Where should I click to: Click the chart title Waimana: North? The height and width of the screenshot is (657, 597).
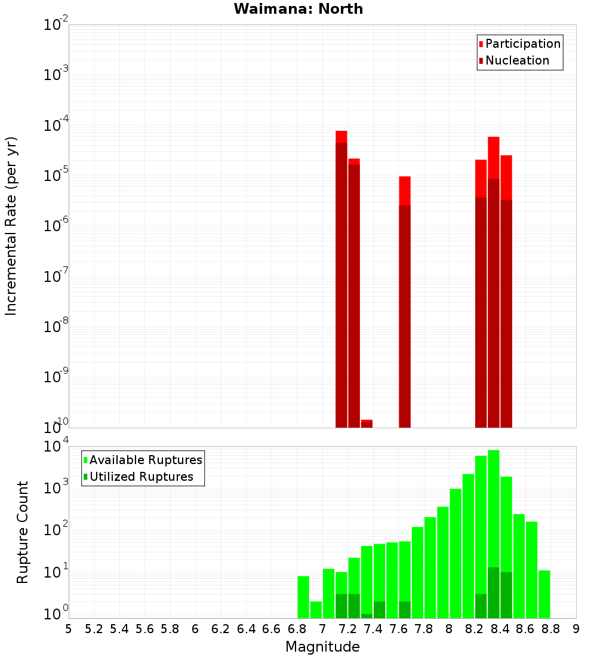coord(298,9)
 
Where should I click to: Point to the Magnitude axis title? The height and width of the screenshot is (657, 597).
coord(322,647)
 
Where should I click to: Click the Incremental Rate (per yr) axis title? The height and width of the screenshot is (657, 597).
coord(11,226)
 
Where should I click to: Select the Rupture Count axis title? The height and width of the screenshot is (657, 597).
coord(23,532)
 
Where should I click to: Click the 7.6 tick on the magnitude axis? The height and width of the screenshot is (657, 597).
coord(398,629)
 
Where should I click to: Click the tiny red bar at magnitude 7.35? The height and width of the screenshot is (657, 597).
coord(367,423)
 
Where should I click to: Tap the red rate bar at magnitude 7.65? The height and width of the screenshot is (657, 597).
coord(405,299)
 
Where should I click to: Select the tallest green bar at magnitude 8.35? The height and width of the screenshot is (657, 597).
coord(494,508)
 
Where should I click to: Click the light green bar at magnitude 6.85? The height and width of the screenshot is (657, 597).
coord(303,597)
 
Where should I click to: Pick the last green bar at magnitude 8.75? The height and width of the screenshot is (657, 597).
coord(544,594)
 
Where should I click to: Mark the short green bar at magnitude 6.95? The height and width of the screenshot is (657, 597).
coord(316,610)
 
